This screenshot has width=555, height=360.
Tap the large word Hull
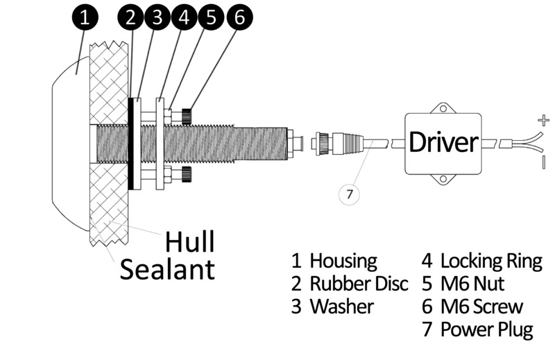click(189, 242)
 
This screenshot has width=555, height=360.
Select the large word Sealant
click(167, 268)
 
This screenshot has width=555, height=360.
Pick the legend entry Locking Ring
click(491, 262)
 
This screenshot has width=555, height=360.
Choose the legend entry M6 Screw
click(481, 306)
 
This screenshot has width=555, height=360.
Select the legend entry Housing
click(343, 262)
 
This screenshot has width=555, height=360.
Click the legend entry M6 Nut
click(472, 284)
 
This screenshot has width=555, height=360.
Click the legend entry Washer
click(341, 306)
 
